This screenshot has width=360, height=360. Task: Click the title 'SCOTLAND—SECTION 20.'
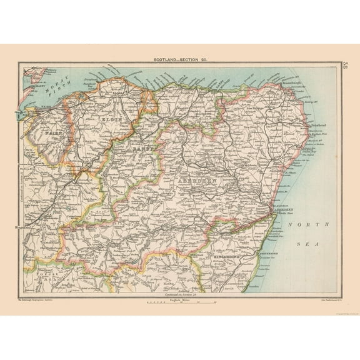[180, 59]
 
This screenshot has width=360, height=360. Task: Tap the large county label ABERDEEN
[198, 180]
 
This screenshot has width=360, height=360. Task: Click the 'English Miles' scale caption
[181, 298]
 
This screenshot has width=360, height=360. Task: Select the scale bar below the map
[181, 303]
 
